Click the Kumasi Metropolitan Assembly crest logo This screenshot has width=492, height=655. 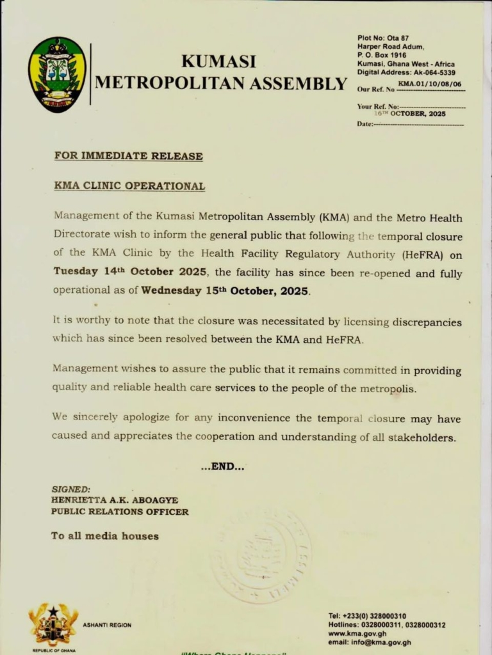point(57,75)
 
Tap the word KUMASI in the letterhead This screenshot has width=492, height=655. point(218,61)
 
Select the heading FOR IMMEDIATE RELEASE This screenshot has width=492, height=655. point(128,155)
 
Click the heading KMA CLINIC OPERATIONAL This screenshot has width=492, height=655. point(129,186)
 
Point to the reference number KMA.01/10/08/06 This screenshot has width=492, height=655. point(429,84)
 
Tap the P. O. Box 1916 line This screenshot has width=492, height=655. point(382,55)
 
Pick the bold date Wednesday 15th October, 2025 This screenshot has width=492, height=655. point(225,290)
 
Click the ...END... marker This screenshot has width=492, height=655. point(222,467)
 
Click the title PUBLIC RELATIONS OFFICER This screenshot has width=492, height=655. point(120,512)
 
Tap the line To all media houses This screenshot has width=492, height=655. point(104,536)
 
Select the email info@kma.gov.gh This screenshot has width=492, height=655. point(370,642)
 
